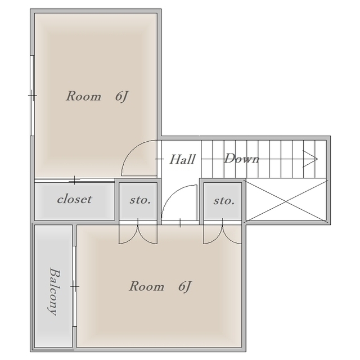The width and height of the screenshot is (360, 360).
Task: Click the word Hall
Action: point(182,159)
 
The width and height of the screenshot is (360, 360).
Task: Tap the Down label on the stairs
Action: point(242,159)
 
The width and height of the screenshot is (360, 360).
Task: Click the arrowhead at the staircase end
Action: point(310,159)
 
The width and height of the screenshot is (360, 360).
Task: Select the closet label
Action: point(74,199)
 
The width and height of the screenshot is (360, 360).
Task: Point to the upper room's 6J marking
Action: point(121,96)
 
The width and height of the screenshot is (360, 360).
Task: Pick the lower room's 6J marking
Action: point(185,286)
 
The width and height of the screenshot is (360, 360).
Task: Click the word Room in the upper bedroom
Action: point(84,96)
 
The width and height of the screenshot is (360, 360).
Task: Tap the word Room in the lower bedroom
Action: point(147,286)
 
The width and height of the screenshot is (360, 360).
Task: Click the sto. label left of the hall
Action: point(140,200)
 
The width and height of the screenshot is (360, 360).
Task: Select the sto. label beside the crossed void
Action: point(224,201)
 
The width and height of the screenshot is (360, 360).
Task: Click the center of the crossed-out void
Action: point(286,201)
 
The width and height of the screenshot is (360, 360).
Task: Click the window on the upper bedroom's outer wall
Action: point(33,95)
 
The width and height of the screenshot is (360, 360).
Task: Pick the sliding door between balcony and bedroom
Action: point(74,286)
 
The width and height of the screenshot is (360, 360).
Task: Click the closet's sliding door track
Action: point(74,180)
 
